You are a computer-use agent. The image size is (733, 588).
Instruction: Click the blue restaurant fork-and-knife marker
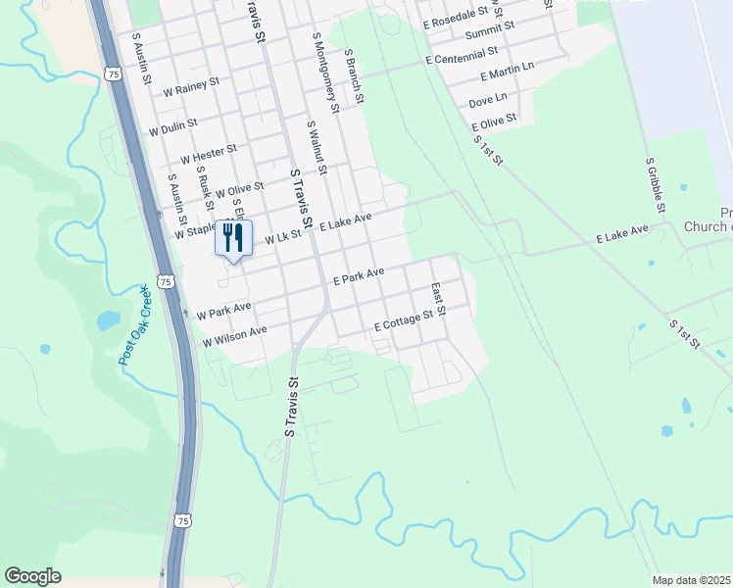pos(233,238)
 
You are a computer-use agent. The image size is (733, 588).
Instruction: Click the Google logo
pos(32,576)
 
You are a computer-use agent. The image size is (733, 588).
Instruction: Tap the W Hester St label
pos(209,155)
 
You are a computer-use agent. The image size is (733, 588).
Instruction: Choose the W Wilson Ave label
pos(234,337)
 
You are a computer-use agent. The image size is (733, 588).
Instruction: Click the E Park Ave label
pos(358,276)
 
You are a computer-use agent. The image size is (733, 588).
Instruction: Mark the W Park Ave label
pos(223,311)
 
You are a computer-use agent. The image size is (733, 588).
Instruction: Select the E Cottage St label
pos(403,320)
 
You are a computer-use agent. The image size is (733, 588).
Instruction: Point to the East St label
pos(439,299)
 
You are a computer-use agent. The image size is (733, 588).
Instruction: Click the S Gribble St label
pos(656,185)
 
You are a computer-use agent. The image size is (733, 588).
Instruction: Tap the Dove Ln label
pos(488,101)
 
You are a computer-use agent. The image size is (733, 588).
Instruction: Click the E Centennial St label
pos(462,55)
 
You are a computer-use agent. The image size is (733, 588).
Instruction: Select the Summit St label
pos(483,33)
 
